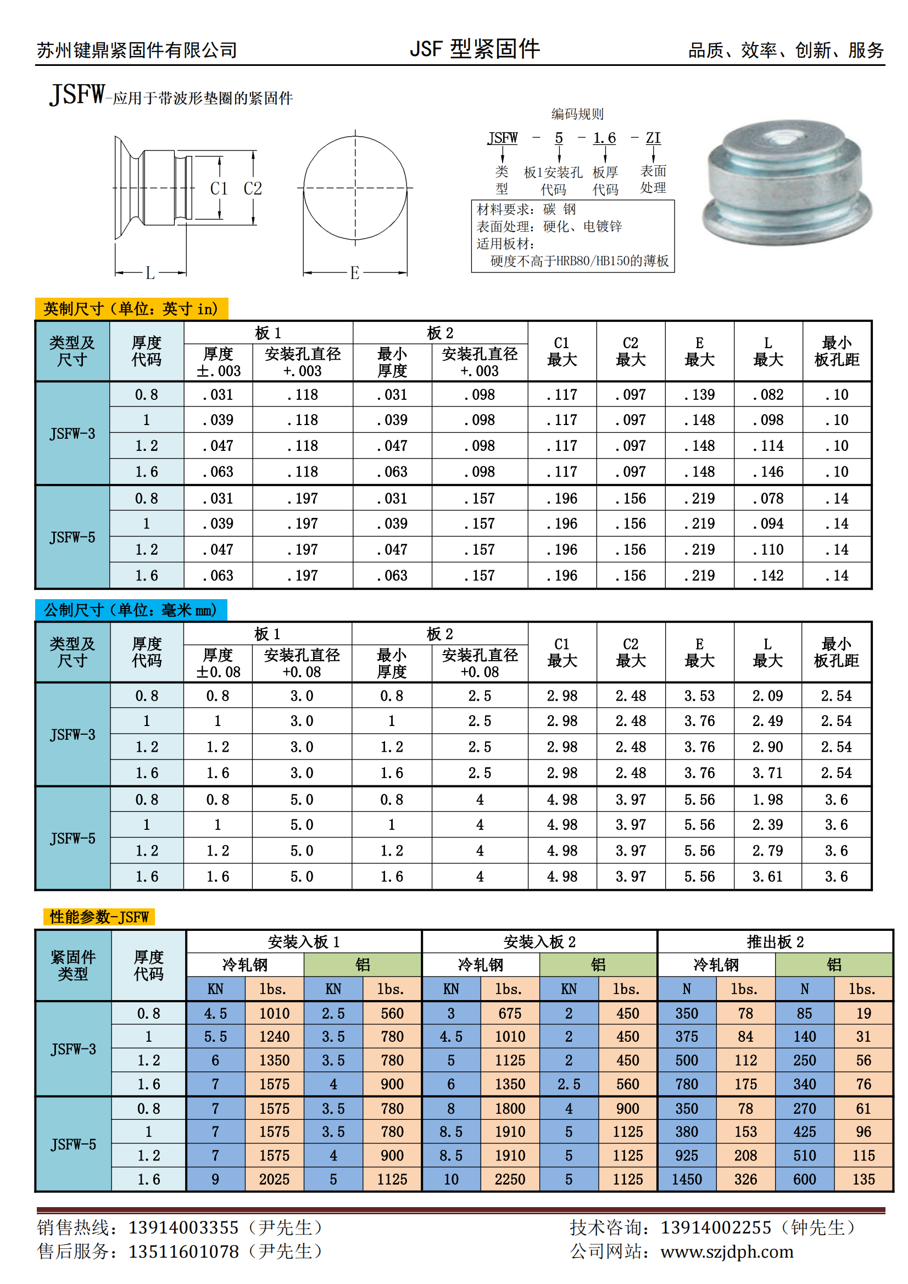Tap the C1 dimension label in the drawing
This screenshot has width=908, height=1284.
tap(219, 188)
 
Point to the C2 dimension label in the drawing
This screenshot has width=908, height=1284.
tap(252, 188)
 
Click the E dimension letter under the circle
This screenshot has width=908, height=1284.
tap(354, 273)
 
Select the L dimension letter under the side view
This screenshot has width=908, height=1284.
tap(150, 273)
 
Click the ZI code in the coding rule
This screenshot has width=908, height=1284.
tap(653, 138)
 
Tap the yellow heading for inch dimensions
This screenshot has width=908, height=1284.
tap(131, 309)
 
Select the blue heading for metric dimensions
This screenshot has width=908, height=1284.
tap(131, 610)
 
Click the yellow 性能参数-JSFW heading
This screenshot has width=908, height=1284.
tap(99, 917)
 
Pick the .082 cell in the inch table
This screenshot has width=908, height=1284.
tap(767, 395)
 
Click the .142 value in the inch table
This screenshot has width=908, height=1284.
tap(767, 576)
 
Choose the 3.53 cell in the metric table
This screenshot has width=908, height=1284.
tap(699, 696)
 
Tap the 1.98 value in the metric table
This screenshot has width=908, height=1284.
tap(767, 800)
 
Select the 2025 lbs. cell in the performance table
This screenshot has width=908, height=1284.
tap(274, 1180)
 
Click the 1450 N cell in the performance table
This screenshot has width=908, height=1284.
tap(687, 1180)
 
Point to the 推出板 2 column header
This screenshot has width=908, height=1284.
tap(775, 942)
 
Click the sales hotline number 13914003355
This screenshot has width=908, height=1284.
tap(183, 1227)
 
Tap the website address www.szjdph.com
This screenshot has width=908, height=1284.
tap(727, 1252)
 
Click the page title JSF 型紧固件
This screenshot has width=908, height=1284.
tap(475, 49)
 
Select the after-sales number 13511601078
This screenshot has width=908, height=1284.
tap(183, 1252)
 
